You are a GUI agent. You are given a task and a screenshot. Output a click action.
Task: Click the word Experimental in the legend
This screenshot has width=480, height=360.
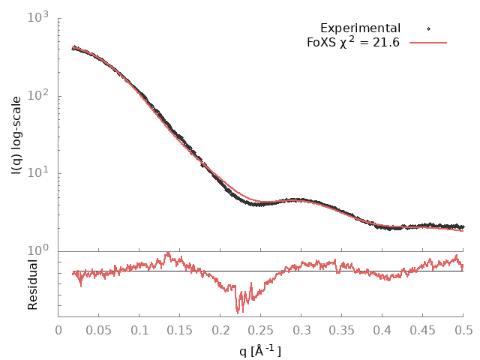tap(360, 28)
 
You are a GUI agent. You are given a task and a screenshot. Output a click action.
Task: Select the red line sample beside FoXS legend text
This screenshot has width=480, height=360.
tap(428, 42)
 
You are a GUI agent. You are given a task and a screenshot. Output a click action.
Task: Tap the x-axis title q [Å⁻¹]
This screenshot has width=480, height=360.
tap(260, 351)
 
